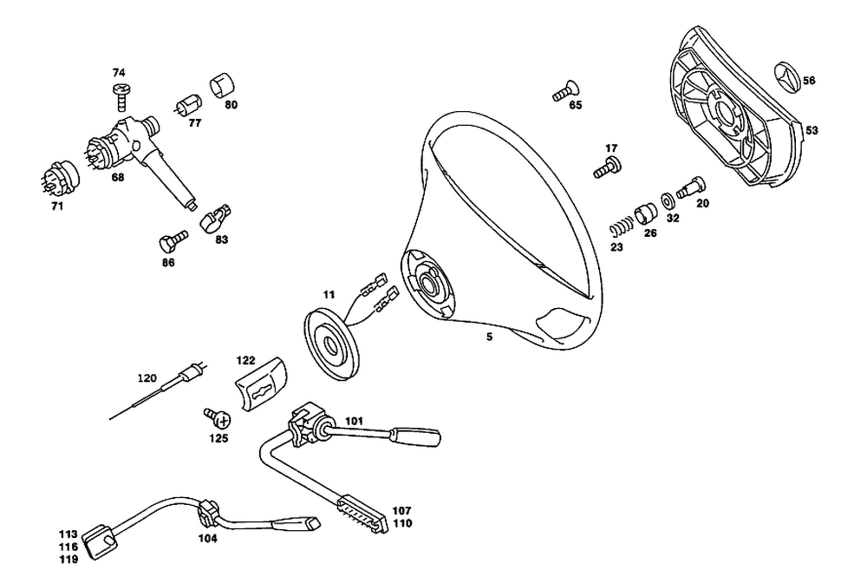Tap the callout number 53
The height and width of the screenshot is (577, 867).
coord(812,130)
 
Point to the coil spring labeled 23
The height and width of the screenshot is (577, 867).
coord(617,229)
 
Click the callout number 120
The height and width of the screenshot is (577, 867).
coord(147,378)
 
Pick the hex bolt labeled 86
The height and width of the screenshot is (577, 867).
coord(169,239)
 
